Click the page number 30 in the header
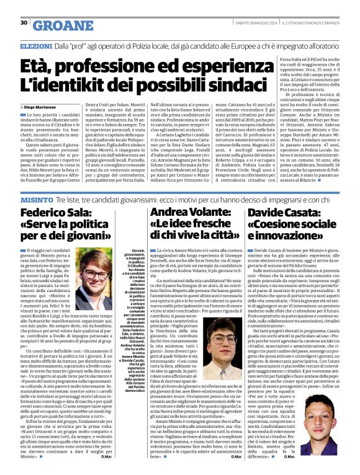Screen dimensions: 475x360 click(24, 23)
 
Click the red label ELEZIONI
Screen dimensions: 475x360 click(36, 47)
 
